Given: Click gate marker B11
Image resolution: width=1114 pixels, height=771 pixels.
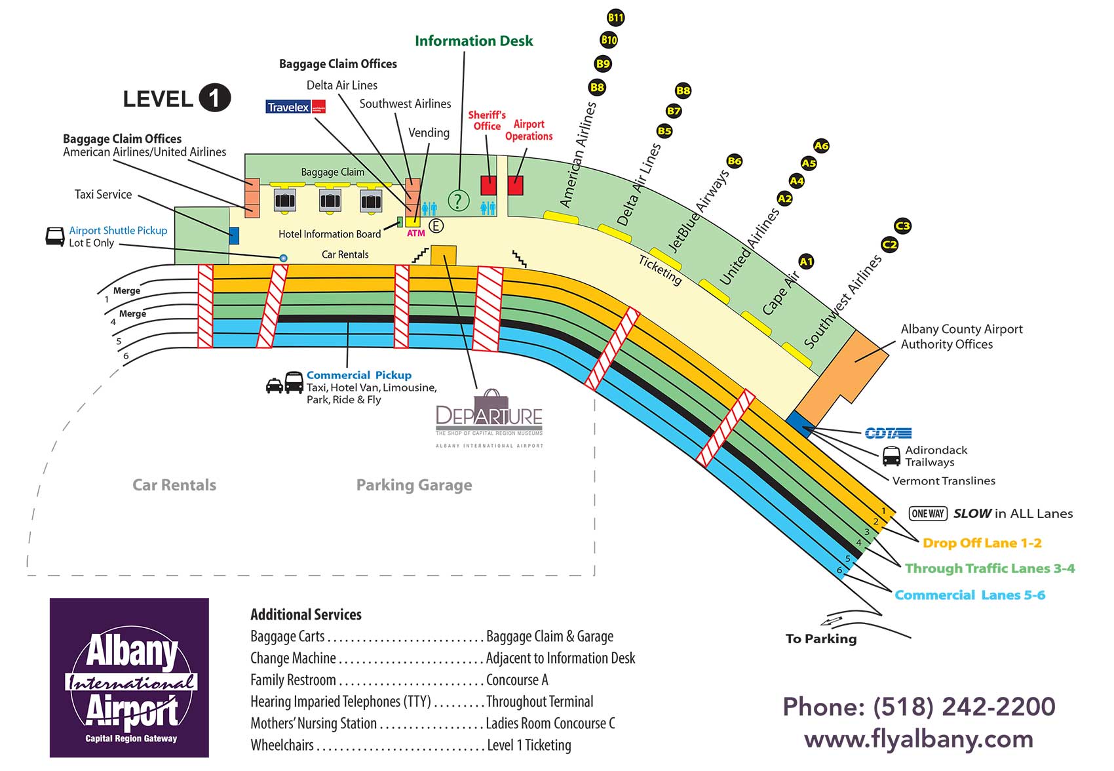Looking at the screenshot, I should tap(615, 18).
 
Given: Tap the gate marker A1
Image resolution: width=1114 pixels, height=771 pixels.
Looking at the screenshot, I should tap(806, 262).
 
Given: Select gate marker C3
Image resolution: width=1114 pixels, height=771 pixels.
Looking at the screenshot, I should tap(903, 226).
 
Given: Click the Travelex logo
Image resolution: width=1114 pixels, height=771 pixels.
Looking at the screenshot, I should tap(296, 107).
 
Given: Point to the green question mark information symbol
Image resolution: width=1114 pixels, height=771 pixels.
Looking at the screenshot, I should tap(458, 201).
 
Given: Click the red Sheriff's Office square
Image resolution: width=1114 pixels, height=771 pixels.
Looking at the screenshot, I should tap(488, 186).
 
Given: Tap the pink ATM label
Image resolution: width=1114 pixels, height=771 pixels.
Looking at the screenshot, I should tap(416, 233).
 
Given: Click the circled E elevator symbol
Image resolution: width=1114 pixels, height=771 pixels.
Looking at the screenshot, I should tap(436, 226).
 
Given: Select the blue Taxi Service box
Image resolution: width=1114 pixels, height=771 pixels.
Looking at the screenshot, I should tap(234, 235).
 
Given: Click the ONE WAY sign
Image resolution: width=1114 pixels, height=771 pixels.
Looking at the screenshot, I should tap(928, 514).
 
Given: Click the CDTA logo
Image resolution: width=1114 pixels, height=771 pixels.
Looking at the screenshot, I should tap(888, 433).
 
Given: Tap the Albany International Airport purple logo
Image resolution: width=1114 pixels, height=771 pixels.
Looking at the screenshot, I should tap(129, 678).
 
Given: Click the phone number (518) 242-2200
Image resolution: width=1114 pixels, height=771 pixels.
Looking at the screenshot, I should tap(919, 707).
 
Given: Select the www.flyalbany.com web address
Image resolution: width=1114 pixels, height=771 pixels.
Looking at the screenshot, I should tap(919, 739).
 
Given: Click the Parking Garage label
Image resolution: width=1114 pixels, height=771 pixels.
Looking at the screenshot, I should tap(413, 485).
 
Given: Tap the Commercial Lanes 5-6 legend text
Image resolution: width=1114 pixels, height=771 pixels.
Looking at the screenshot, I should tap(969, 595).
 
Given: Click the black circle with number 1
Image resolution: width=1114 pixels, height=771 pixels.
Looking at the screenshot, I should tap(214, 98).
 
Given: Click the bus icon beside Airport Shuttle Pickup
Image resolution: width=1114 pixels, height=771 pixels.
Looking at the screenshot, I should tap(55, 237).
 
